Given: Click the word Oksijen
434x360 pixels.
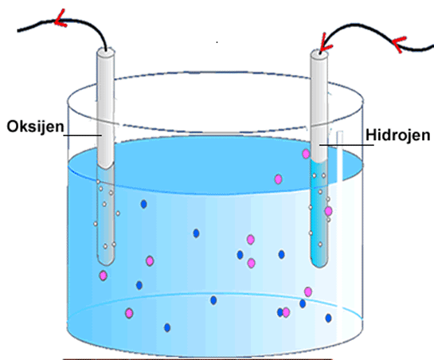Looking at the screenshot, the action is (35, 127).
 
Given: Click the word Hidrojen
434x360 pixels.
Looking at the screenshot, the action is (398, 135).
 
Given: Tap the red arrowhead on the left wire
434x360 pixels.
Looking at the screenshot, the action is (61, 19).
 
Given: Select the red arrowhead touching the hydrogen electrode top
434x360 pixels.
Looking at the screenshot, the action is (324, 45).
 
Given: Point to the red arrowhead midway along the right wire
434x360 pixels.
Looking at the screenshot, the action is (399, 45).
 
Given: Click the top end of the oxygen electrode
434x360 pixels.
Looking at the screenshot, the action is (105, 52).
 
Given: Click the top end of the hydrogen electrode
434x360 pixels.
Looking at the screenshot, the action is (319, 53).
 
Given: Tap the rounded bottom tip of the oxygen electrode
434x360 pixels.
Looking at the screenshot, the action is (105, 264).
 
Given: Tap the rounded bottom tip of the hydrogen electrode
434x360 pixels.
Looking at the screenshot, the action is (319, 265).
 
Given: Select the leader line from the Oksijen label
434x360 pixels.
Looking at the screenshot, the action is (82, 135).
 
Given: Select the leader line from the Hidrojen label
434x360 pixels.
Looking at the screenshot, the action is (346, 145).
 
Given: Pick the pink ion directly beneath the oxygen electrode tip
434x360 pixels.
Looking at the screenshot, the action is (104, 276).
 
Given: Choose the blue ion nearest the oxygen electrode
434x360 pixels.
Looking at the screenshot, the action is (143, 205).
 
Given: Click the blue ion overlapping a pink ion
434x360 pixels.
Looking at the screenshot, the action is (280, 312).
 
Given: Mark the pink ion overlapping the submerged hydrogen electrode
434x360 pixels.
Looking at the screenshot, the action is (328, 211).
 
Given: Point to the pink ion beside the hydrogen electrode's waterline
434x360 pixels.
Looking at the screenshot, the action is (306, 154).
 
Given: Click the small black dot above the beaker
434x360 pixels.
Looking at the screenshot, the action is (217, 42).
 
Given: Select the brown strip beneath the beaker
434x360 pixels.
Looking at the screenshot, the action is (198, 359).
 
